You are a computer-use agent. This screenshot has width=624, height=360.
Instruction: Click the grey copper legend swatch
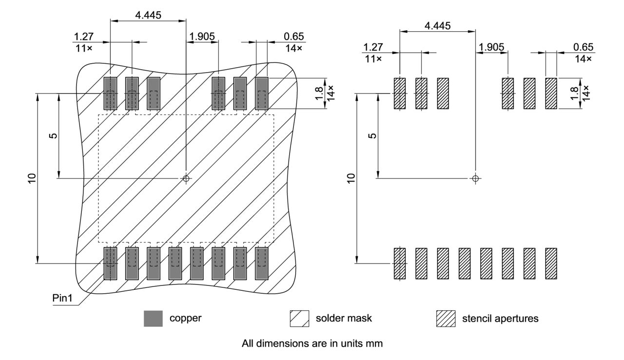click(153, 319)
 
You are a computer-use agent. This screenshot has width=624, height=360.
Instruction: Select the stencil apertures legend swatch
click(445, 319)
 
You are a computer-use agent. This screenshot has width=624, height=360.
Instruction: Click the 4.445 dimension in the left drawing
click(148, 15)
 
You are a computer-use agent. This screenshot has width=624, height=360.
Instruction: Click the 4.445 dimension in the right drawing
click(437, 25)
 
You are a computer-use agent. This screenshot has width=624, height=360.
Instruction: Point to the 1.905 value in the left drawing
click(201, 37)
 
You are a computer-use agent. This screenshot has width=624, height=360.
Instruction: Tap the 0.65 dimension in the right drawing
click(583, 47)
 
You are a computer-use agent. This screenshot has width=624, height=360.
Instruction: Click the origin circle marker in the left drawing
click(186, 178)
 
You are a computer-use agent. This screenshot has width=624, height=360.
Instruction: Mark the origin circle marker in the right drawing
click(475, 178)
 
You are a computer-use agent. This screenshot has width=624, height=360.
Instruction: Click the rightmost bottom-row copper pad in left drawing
click(262, 264)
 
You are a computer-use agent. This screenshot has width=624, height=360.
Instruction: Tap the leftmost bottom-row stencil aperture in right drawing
click(400, 264)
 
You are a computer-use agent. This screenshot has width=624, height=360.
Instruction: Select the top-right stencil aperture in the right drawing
click(551, 93)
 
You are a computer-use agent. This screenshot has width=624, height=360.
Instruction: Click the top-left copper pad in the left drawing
click(111, 93)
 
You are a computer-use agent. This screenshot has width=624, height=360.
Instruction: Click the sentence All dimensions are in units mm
click(312, 343)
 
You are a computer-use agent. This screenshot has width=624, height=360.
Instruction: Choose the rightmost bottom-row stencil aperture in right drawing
click(551, 264)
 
